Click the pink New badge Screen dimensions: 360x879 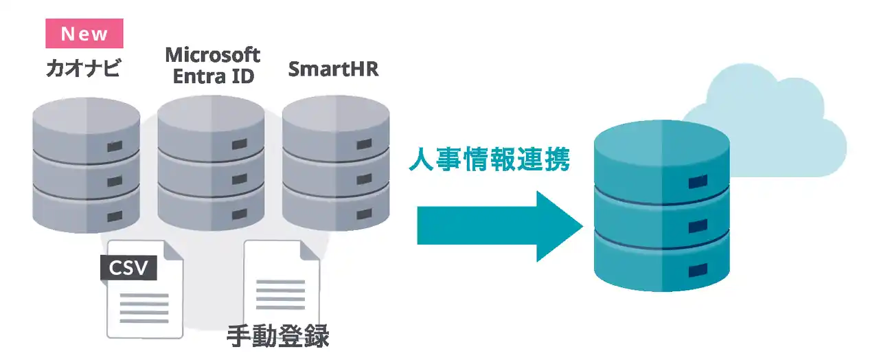[84, 34]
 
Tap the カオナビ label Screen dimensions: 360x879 [83, 69]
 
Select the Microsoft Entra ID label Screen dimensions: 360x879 [213, 65]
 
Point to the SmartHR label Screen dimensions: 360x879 [333, 69]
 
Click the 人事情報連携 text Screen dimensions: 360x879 [488, 159]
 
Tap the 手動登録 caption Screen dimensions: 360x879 [278, 336]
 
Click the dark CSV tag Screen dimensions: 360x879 [129, 267]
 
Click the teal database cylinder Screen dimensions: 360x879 [661, 206]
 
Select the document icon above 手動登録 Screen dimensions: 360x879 [282, 285]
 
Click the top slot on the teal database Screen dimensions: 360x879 [698, 181]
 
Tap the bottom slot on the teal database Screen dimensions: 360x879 [698, 270]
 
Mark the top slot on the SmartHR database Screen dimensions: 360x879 [364, 144]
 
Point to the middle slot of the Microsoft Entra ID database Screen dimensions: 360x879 [239, 179]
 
